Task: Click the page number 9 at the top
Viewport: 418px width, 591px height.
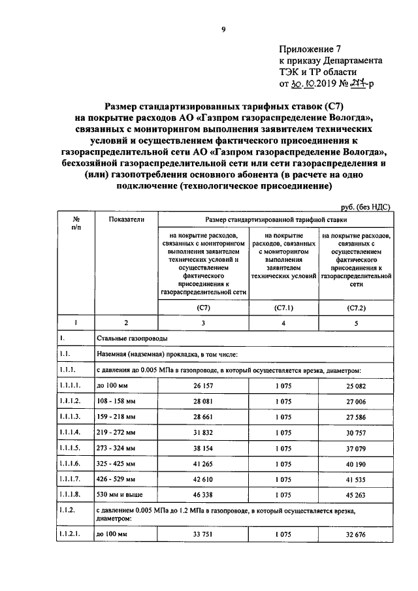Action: [x=223, y=29]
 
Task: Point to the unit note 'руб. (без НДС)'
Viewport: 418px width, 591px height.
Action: [x=364, y=206]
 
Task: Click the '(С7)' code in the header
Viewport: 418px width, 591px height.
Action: [x=203, y=307]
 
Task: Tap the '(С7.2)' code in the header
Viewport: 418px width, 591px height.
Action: [x=356, y=307]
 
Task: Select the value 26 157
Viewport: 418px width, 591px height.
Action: [x=203, y=386]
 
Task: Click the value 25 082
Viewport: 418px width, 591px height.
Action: [x=356, y=386]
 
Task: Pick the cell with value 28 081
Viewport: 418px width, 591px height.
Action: [x=203, y=401]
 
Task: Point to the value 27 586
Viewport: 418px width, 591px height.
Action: [x=356, y=416]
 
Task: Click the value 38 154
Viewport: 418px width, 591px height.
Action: [x=203, y=447]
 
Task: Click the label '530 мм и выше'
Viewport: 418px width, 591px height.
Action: [x=119, y=494]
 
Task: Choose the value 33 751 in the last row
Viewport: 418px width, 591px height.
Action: [x=203, y=536]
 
